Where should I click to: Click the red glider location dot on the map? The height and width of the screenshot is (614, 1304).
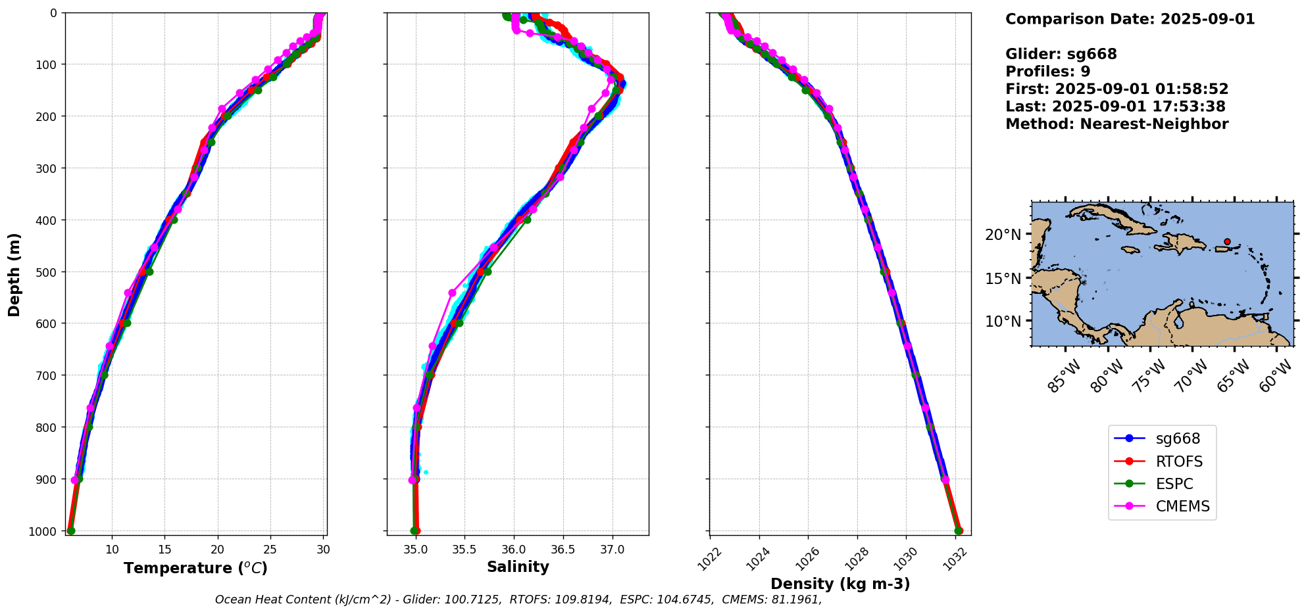(x=1227, y=242)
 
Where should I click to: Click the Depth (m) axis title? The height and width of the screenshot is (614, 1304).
(x=14, y=274)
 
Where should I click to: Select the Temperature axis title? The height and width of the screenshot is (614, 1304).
(x=195, y=568)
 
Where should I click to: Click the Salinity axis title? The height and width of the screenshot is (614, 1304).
(x=518, y=567)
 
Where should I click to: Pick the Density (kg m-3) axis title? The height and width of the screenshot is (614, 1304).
(x=840, y=584)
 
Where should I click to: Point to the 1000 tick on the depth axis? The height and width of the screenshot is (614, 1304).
(x=43, y=531)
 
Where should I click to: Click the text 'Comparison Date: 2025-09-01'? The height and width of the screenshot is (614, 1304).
(x=1130, y=19)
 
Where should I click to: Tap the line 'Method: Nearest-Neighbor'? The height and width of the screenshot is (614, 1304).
(x=1116, y=124)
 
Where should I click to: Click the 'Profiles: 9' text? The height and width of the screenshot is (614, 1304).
(x=1047, y=72)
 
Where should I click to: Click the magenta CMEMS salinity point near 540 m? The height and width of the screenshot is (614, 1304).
(x=452, y=293)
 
